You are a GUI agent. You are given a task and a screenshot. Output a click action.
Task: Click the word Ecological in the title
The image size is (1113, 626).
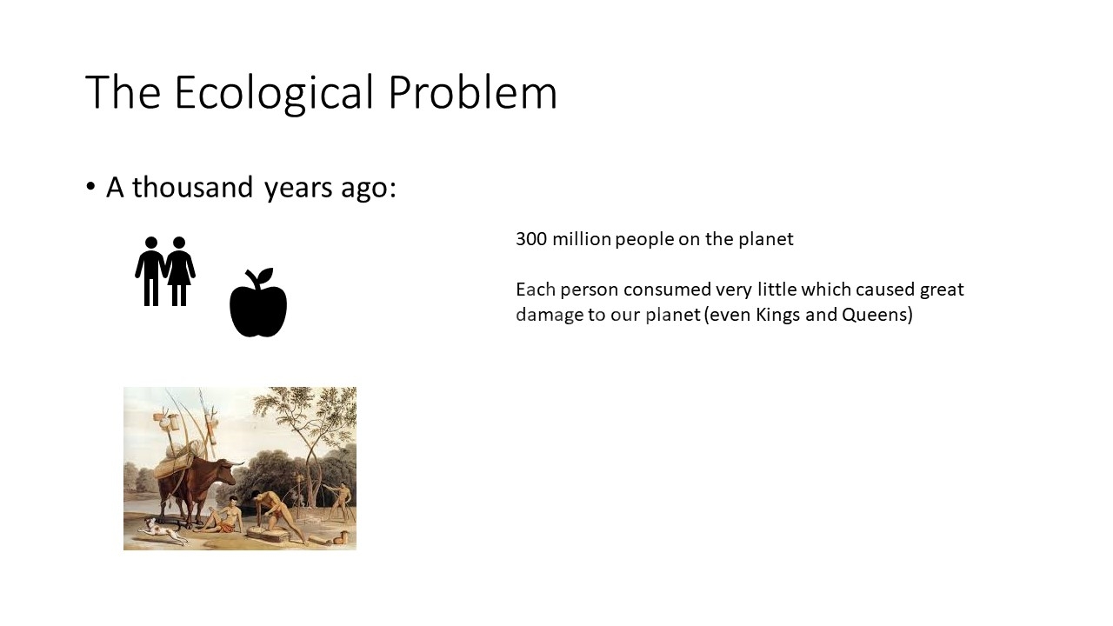274,93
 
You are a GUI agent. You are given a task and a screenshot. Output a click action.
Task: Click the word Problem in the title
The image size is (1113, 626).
472,91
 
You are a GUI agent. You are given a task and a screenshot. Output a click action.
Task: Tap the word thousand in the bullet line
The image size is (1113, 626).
193,187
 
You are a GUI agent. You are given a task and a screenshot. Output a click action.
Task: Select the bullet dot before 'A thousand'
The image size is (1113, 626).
90,187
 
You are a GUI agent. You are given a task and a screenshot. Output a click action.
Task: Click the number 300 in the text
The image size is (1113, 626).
531,239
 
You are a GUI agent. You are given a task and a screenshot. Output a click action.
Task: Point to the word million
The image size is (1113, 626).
582,239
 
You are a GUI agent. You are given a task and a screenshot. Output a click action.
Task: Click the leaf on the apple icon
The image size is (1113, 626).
265,276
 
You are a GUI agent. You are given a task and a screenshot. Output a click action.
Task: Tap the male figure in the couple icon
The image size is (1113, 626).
150,270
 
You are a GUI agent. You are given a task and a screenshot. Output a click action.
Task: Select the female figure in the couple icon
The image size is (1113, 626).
179,270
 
